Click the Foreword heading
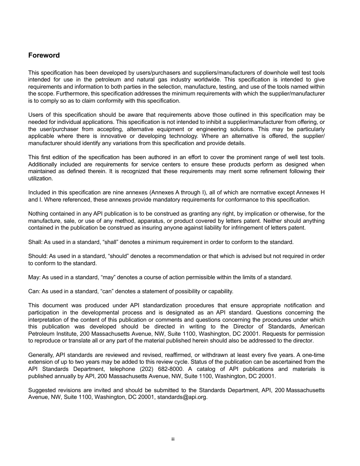(44, 55)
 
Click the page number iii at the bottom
(172, 439)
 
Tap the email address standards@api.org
(182, 397)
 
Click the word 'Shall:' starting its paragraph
(36, 242)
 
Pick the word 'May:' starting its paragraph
(34, 277)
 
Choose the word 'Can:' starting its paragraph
(34, 291)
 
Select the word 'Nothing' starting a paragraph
(38, 214)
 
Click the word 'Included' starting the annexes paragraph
(39, 193)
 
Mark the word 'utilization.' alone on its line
(41, 178)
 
